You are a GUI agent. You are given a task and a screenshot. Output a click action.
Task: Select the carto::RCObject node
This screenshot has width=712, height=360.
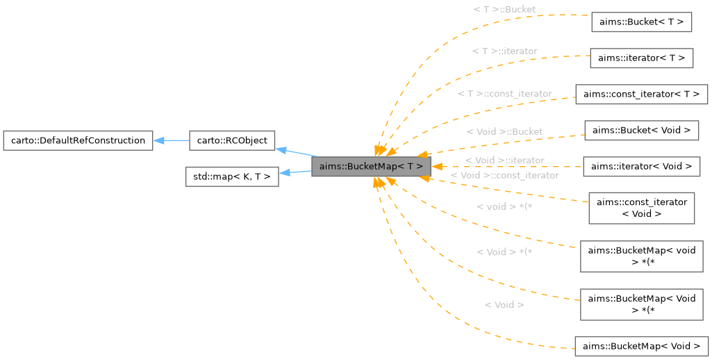pyautogui.click(x=232, y=140)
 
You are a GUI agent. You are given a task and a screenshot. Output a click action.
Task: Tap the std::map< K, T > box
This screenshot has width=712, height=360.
pyautogui.click(x=232, y=177)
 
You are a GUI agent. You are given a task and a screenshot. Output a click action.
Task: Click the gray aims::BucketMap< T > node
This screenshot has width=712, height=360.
pyautogui.click(x=371, y=167)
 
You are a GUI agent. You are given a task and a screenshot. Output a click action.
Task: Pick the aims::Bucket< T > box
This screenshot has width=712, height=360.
pyautogui.click(x=641, y=22)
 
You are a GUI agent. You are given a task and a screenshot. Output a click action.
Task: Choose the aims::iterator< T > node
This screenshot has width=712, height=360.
pyautogui.click(x=641, y=58)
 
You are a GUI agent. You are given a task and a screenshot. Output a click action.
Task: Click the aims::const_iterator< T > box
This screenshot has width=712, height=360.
pyautogui.click(x=641, y=94)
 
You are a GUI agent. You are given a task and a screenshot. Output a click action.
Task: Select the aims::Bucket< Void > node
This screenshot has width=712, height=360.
pyautogui.click(x=641, y=130)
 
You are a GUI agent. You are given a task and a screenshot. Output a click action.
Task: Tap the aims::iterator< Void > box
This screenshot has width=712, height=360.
pyautogui.click(x=641, y=166)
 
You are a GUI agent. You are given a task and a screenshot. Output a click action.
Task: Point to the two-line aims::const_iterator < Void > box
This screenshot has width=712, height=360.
pyautogui.click(x=641, y=208)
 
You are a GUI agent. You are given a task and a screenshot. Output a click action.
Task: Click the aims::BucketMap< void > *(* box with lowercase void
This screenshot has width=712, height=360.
pyautogui.click(x=641, y=256)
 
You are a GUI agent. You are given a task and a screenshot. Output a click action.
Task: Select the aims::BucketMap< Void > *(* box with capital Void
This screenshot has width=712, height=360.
pyautogui.click(x=641, y=304)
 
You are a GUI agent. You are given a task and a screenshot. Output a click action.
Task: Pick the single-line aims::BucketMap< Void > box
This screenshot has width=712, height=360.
pyautogui.click(x=641, y=346)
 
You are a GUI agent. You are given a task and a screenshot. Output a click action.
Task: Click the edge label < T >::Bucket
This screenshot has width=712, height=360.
pyautogui.click(x=504, y=9)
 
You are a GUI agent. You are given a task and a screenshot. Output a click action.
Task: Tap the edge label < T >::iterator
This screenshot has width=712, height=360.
pyautogui.click(x=504, y=51)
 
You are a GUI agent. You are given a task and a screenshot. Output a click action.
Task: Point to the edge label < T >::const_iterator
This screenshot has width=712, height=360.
pyautogui.click(x=504, y=93)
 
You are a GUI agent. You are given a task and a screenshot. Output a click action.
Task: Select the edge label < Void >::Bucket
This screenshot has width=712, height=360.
pyautogui.click(x=504, y=131)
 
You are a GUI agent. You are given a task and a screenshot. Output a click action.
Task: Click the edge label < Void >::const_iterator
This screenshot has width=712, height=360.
pyautogui.click(x=504, y=176)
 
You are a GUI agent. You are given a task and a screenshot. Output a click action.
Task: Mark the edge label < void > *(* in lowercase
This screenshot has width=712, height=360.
pyautogui.click(x=504, y=207)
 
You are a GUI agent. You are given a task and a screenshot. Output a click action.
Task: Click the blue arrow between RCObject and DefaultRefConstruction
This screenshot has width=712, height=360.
pyautogui.click(x=171, y=140)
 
